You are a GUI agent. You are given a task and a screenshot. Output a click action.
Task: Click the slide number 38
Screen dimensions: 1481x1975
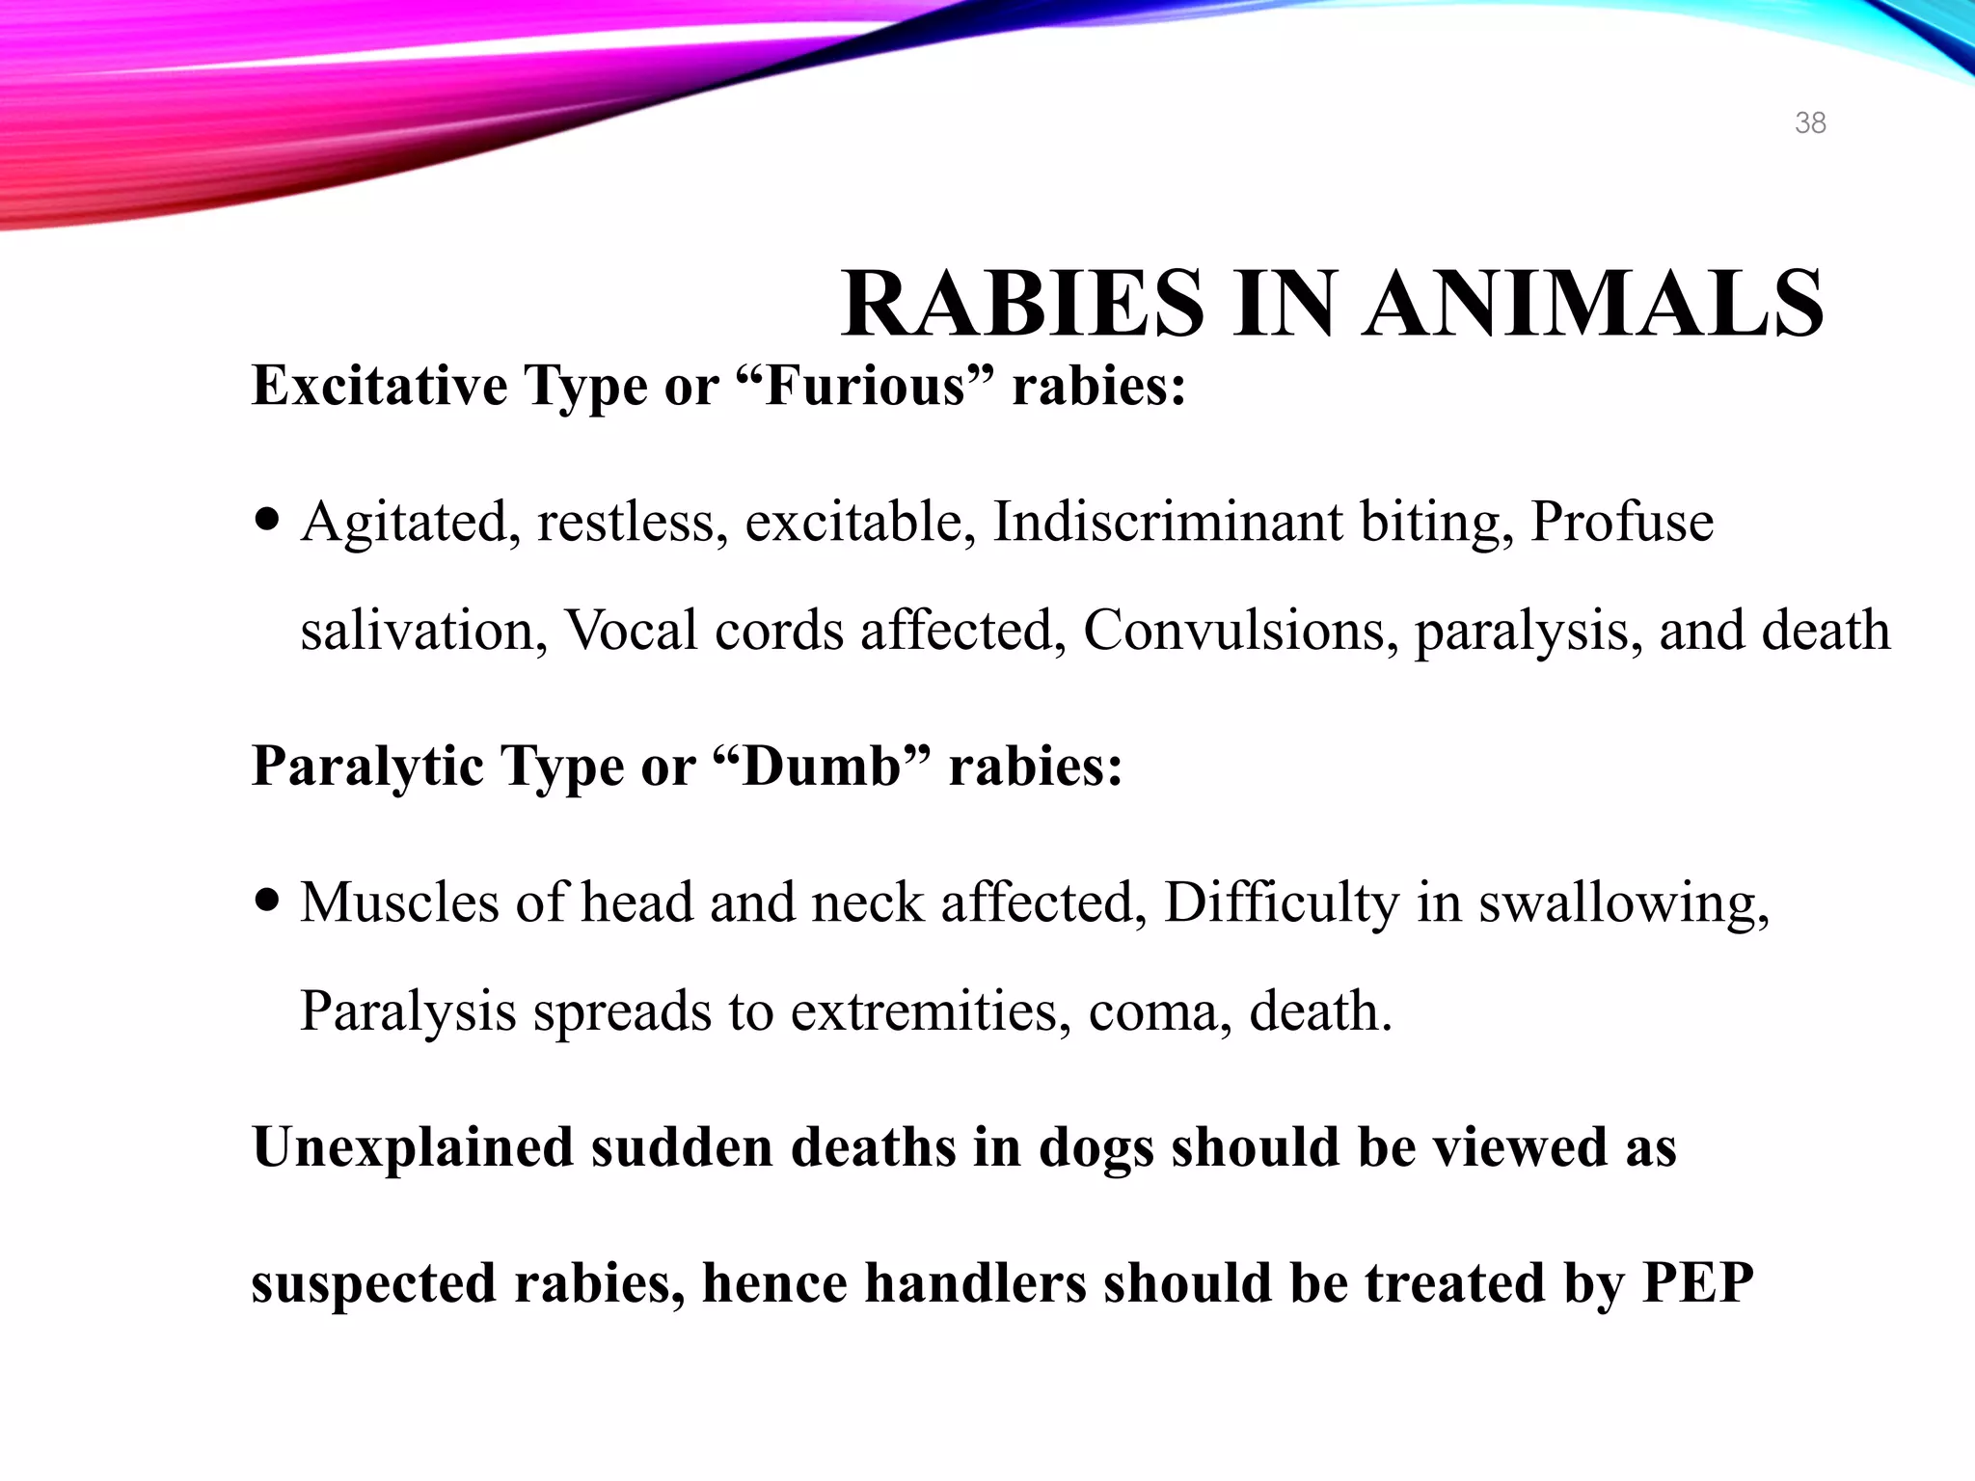(x=1810, y=123)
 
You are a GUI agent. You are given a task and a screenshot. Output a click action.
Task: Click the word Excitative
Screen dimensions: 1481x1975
(x=379, y=386)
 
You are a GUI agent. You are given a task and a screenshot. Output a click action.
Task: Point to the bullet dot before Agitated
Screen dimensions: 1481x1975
(x=267, y=521)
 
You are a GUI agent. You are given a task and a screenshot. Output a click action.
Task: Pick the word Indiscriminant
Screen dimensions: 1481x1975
(x=1168, y=522)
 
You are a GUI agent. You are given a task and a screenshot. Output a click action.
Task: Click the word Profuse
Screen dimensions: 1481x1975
(x=1622, y=522)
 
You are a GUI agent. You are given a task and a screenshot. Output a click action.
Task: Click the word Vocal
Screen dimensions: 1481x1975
(x=631, y=631)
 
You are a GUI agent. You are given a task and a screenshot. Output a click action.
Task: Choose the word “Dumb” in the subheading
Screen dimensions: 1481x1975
(x=823, y=767)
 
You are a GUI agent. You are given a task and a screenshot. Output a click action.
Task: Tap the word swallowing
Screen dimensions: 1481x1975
(x=1624, y=904)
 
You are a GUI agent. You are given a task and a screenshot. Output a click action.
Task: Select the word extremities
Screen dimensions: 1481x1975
(x=930, y=1011)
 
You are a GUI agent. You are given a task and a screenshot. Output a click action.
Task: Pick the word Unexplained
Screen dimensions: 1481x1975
(x=412, y=1148)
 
